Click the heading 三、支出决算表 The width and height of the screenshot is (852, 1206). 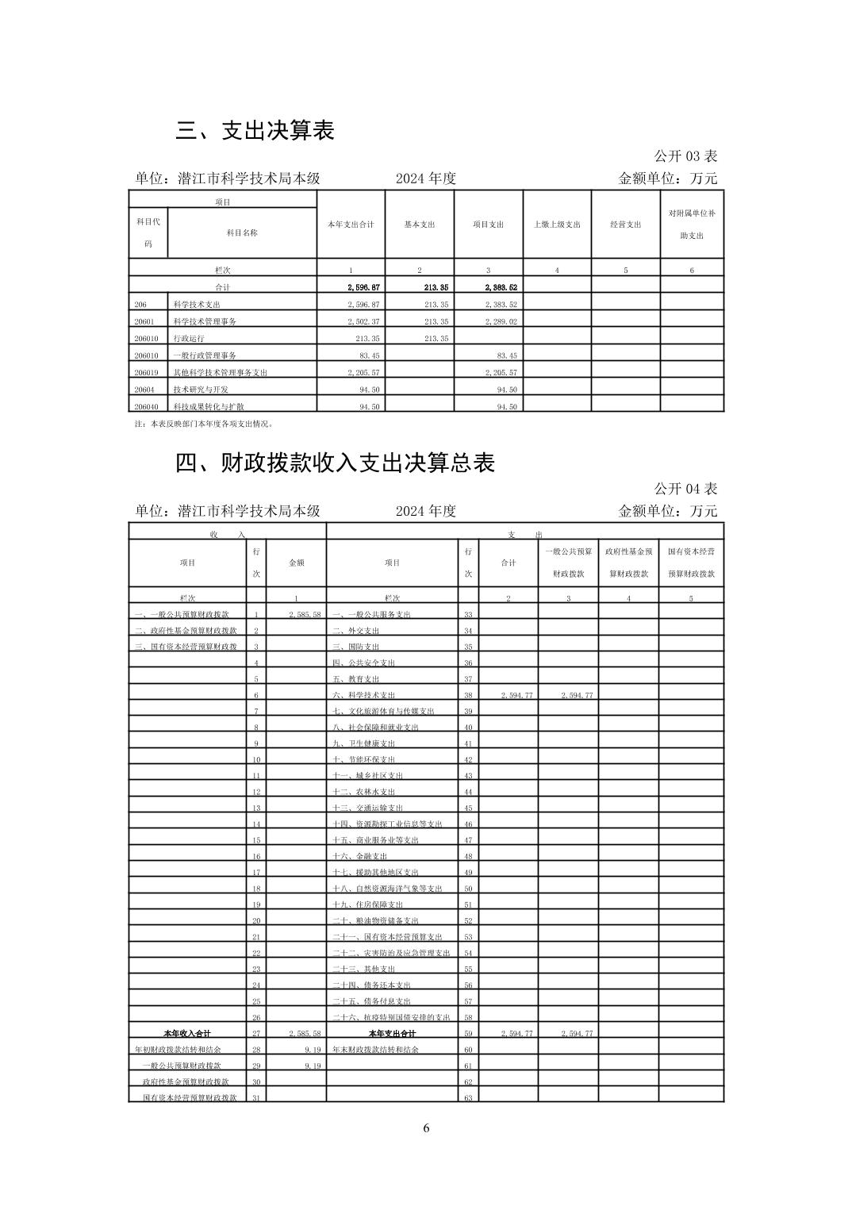pyautogui.click(x=255, y=131)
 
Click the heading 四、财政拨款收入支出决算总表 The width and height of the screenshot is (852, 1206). pyautogui.click(x=335, y=463)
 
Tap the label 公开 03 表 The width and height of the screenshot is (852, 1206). pyautogui.click(x=685, y=156)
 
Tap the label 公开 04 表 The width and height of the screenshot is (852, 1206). pyautogui.click(x=685, y=489)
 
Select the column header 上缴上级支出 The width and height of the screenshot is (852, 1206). pyautogui.click(x=557, y=225)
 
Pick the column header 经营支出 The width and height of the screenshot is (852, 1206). pyautogui.click(x=625, y=225)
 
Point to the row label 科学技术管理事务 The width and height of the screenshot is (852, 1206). pyautogui.click(x=205, y=321)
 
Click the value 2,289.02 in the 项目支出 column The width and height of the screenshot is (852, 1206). pyautogui.click(x=501, y=321)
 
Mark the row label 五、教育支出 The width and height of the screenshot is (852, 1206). pyautogui.click(x=356, y=679)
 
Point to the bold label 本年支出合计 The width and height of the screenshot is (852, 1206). pyautogui.click(x=392, y=1034)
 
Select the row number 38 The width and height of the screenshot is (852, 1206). pyautogui.click(x=468, y=695)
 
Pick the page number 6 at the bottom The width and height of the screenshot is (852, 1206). pyautogui.click(x=426, y=1128)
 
